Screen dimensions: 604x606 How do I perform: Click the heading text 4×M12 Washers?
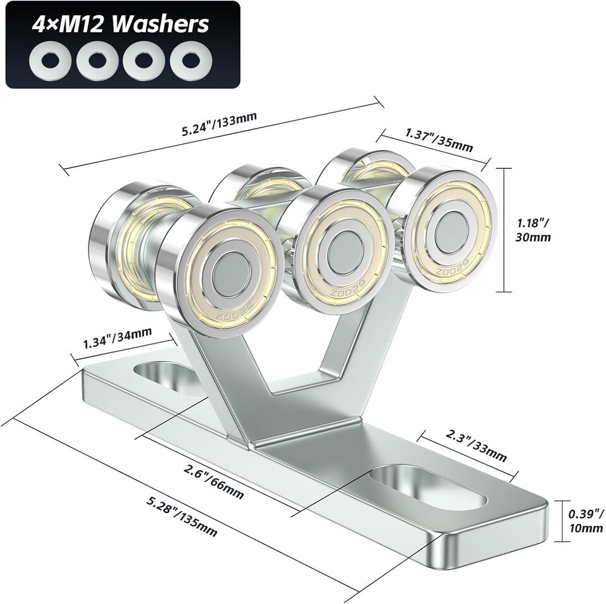(121, 24)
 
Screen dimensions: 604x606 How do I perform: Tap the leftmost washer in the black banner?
(50, 61)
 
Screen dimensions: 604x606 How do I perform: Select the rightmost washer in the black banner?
(191, 61)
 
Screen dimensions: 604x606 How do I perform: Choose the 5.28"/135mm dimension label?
(181, 516)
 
